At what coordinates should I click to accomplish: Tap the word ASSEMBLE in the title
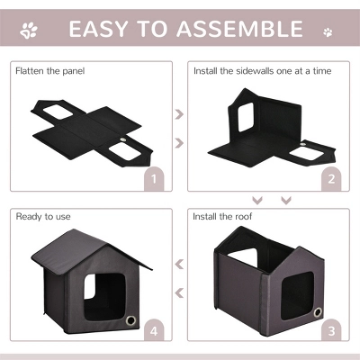pos(238,30)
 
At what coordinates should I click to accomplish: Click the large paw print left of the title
pos(30,31)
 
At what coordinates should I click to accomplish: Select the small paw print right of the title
pos(327,31)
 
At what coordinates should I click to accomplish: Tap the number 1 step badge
pos(155,180)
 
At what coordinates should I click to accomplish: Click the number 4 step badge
pos(155,331)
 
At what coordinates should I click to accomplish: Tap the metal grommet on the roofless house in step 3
pos(318,311)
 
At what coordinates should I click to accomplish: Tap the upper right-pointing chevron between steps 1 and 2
pos(178,115)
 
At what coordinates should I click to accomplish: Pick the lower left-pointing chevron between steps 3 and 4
pos(178,291)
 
